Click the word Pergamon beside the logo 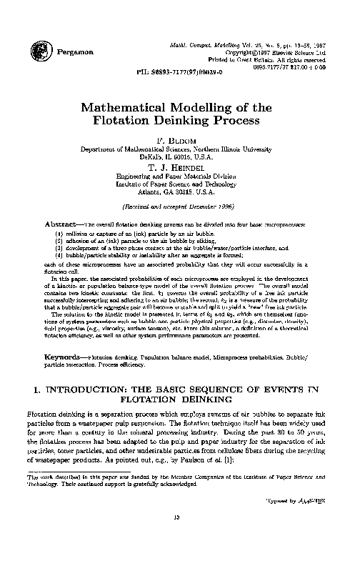[71, 52]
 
